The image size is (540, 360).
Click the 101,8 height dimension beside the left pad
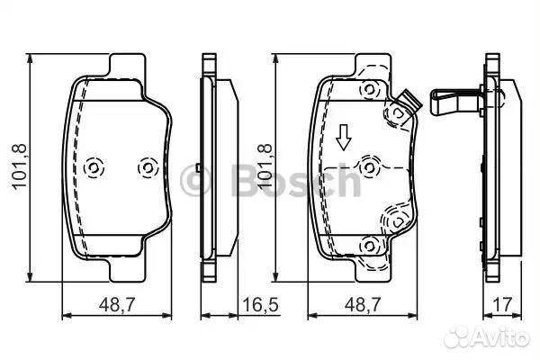pyautogui.click(x=19, y=167)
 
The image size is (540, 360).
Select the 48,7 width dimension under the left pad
pyautogui.click(x=117, y=304)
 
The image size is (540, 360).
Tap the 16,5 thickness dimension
pyautogui.click(x=260, y=304)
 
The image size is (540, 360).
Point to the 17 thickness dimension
pyautogui.click(x=503, y=304)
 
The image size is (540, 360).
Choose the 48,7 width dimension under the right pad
pyautogui.click(x=363, y=304)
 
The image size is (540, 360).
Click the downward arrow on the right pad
pyautogui.click(x=344, y=138)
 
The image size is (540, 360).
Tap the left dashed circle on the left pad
pyautogui.click(x=94, y=167)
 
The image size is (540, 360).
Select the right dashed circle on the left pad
pyautogui.click(x=148, y=167)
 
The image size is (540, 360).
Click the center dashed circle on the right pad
pyautogui.click(x=370, y=167)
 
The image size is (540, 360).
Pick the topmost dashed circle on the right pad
pyautogui.click(x=370, y=90)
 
